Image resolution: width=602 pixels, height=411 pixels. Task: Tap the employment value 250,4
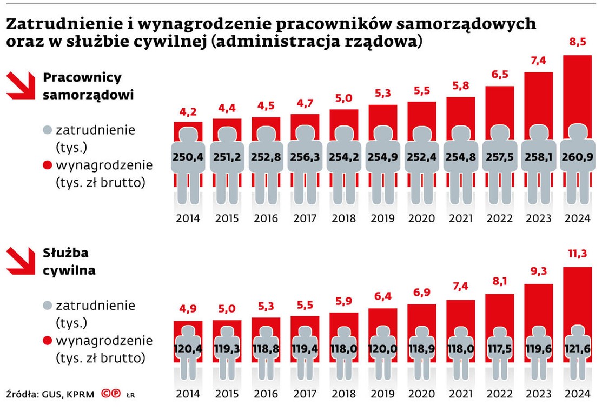[x=188, y=157]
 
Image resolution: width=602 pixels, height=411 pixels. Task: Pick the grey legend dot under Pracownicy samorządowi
[x=47, y=130]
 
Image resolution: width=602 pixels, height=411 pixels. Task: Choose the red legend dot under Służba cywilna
[x=47, y=341]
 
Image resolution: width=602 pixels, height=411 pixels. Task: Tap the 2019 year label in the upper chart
[x=382, y=219]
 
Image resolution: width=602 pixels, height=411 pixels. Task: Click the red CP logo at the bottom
[x=111, y=394]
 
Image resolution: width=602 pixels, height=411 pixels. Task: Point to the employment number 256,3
[x=305, y=157]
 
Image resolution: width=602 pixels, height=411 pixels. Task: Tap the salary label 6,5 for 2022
[x=500, y=75]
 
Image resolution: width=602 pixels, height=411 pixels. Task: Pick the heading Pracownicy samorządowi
[x=89, y=86]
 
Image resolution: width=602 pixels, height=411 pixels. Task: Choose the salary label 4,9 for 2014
[x=188, y=309]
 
